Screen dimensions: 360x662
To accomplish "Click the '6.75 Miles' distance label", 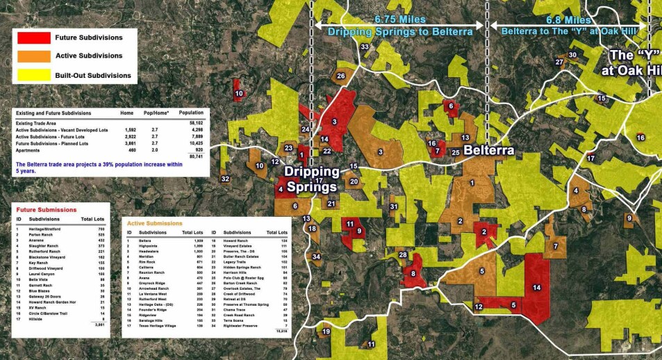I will (399, 19).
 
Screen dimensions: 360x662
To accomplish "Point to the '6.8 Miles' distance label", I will (569, 19).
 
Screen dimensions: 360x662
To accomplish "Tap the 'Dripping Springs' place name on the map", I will (311, 179).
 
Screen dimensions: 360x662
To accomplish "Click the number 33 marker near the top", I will (365, 47).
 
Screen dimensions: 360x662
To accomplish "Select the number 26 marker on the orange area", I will (340, 76).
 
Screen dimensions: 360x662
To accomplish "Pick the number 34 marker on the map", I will (317, 256).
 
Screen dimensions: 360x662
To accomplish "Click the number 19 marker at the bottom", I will (326, 332).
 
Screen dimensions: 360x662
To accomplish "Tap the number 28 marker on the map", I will (402, 255).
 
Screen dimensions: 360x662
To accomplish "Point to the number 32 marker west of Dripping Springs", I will (225, 179).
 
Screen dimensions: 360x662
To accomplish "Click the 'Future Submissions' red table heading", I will (47, 209).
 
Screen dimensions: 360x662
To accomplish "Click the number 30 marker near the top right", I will (572, 55).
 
